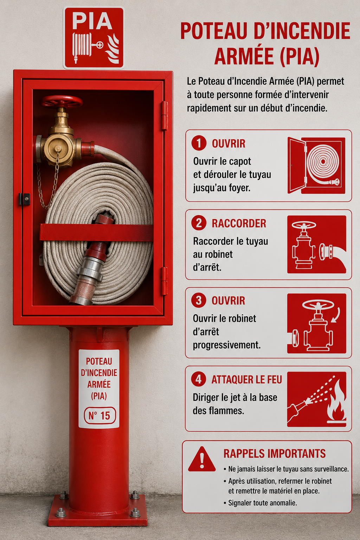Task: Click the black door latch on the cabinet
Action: (x=24, y=199)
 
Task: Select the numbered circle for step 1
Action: (x=199, y=143)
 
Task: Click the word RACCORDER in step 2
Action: (x=239, y=224)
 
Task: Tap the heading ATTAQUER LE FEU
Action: (x=247, y=380)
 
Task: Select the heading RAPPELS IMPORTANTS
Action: (x=275, y=454)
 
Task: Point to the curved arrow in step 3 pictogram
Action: (x=336, y=315)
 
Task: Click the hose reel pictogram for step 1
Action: (x=316, y=165)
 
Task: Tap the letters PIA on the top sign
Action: (x=92, y=21)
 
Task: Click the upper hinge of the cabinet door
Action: (x=164, y=115)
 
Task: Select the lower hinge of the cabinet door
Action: (x=164, y=281)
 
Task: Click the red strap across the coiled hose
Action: (x=96, y=232)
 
